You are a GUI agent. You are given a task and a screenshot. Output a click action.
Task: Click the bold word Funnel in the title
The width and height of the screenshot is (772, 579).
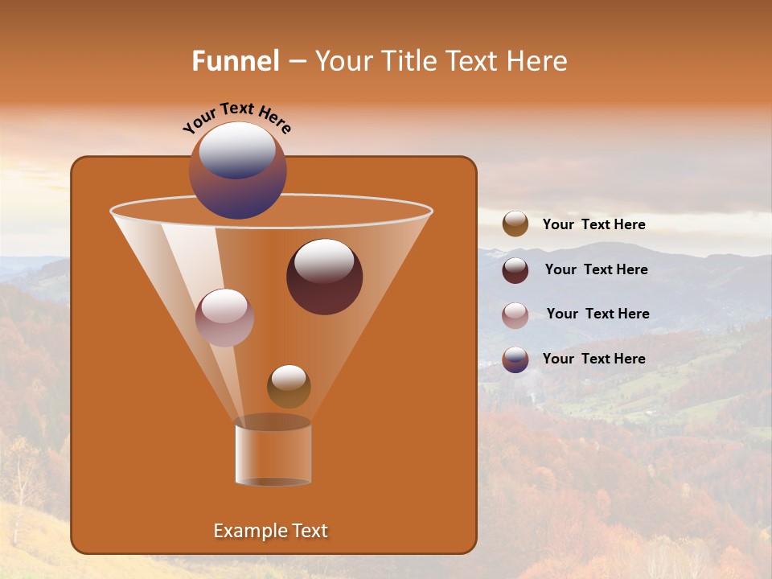click(236, 61)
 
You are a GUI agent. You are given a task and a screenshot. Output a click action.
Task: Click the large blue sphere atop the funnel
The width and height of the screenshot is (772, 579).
click(237, 170)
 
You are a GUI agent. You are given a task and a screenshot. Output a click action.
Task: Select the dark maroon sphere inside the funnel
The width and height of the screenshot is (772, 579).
click(324, 277)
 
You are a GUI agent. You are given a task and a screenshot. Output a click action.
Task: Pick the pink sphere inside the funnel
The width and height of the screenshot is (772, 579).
click(224, 318)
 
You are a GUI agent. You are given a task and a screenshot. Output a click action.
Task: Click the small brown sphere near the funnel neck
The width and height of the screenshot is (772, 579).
click(289, 386)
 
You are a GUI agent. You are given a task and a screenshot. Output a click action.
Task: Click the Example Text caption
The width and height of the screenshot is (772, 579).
click(270, 531)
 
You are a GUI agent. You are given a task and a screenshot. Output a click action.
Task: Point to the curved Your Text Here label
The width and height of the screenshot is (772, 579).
click(237, 117)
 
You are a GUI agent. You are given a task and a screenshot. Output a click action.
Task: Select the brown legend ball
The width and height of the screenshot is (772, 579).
click(515, 224)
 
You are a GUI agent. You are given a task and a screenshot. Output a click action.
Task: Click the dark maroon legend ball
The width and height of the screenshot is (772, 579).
click(515, 270)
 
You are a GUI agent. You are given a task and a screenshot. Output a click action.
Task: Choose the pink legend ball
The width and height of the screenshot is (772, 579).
click(515, 315)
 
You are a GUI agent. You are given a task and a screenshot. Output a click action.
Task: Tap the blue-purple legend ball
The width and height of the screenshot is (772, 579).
click(515, 359)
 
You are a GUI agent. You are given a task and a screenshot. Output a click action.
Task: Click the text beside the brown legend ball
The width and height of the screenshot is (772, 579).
click(593, 225)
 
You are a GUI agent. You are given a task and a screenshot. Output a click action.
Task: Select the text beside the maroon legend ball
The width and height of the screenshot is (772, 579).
click(596, 270)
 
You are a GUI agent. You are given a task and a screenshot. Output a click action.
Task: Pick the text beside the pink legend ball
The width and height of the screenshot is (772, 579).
click(597, 314)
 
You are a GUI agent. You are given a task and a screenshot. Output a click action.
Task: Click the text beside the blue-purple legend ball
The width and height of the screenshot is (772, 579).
click(593, 359)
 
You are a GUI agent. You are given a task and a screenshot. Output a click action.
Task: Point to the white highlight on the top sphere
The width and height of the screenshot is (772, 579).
click(237, 149)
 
